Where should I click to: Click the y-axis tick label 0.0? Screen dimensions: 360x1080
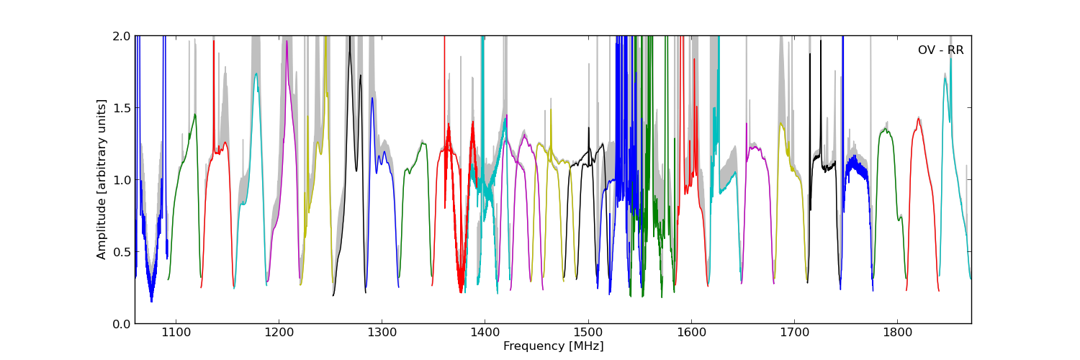pyautogui.click(x=122, y=324)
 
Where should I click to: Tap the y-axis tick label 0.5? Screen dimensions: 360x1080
pyautogui.click(x=122, y=252)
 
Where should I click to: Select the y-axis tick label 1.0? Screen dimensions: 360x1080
pyautogui.click(x=122, y=180)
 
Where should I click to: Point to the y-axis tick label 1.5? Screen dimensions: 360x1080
pyautogui.click(x=122, y=108)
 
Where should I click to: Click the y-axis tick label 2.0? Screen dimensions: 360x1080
pyautogui.click(x=122, y=36)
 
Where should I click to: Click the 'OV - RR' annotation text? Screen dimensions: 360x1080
pyautogui.click(x=940, y=50)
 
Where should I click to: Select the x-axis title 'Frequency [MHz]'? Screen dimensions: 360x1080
pyautogui.click(x=553, y=346)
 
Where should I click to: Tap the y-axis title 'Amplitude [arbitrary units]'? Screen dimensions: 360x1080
pyautogui.click(x=102, y=179)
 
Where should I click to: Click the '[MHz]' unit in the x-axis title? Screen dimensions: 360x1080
pyautogui.click(x=587, y=346)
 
